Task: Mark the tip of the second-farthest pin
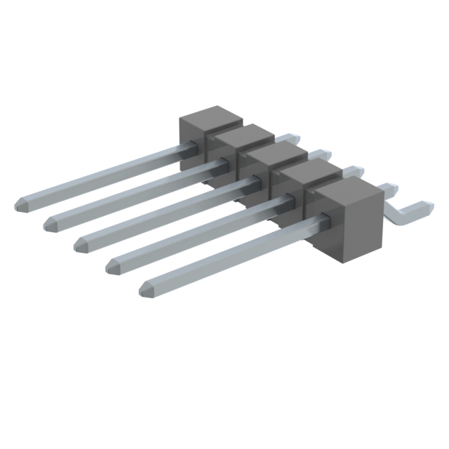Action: point(50,224)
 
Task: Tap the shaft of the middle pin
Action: point(168,211)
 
